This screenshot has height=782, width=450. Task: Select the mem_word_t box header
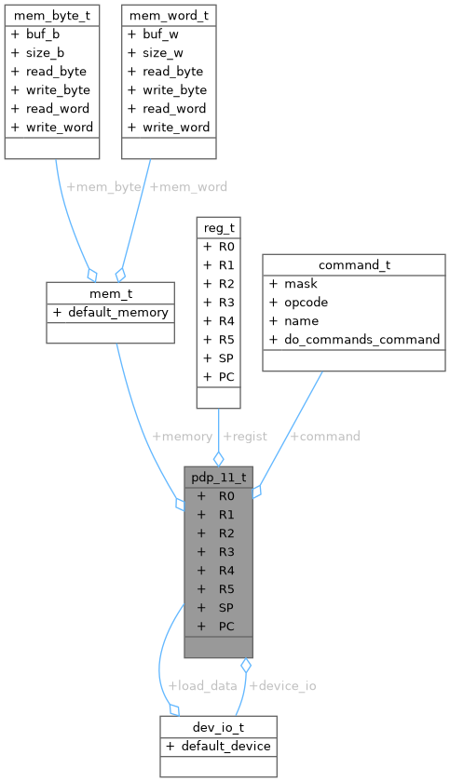169,15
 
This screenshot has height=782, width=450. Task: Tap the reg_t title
218,227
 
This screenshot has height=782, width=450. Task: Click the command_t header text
354,264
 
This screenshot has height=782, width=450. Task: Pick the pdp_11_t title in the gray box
218,477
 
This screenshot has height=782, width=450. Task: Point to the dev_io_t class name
218,726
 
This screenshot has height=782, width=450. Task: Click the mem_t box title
110,293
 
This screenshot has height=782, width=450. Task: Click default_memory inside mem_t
117,312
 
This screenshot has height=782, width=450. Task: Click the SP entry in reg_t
226,357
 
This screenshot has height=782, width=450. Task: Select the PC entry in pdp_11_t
226,626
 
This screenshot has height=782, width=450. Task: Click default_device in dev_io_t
225,745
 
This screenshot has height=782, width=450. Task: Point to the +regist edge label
244,436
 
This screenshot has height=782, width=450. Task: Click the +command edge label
325,436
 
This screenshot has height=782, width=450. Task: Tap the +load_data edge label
201,685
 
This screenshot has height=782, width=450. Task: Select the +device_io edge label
282,685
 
